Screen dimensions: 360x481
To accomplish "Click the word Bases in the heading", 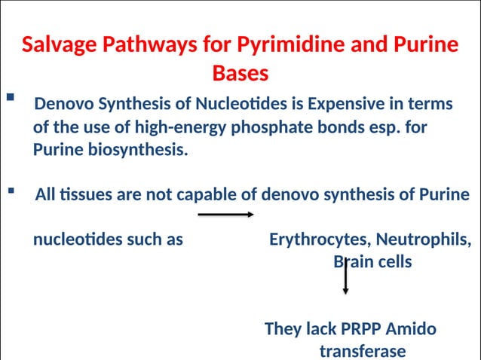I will click(240, 74).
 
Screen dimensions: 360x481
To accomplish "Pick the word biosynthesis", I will click(138, 149).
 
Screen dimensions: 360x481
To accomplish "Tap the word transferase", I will click(363, 351).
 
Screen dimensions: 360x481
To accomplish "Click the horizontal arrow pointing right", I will click(225, 215).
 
